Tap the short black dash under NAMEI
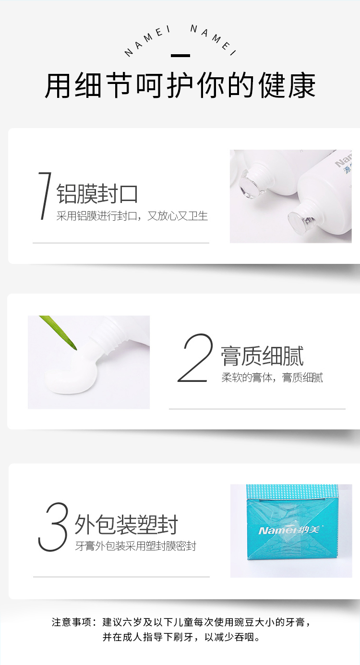(x=180, y=56)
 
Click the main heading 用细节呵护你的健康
(x=180, y=86)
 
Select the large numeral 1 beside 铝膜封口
(x=45, y=196)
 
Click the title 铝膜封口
(x=97, y=193)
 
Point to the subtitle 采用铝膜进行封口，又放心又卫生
(x=132, y=216)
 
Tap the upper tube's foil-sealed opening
(x=248, y=183)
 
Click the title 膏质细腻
(x=262, y=356)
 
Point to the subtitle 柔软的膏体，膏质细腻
(x=272, y=378)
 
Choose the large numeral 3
(x=53, y=527)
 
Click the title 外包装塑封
(x=126, y=524)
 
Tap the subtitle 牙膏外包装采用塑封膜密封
(x=135, y=546)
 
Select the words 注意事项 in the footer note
(x=72, y=622)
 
